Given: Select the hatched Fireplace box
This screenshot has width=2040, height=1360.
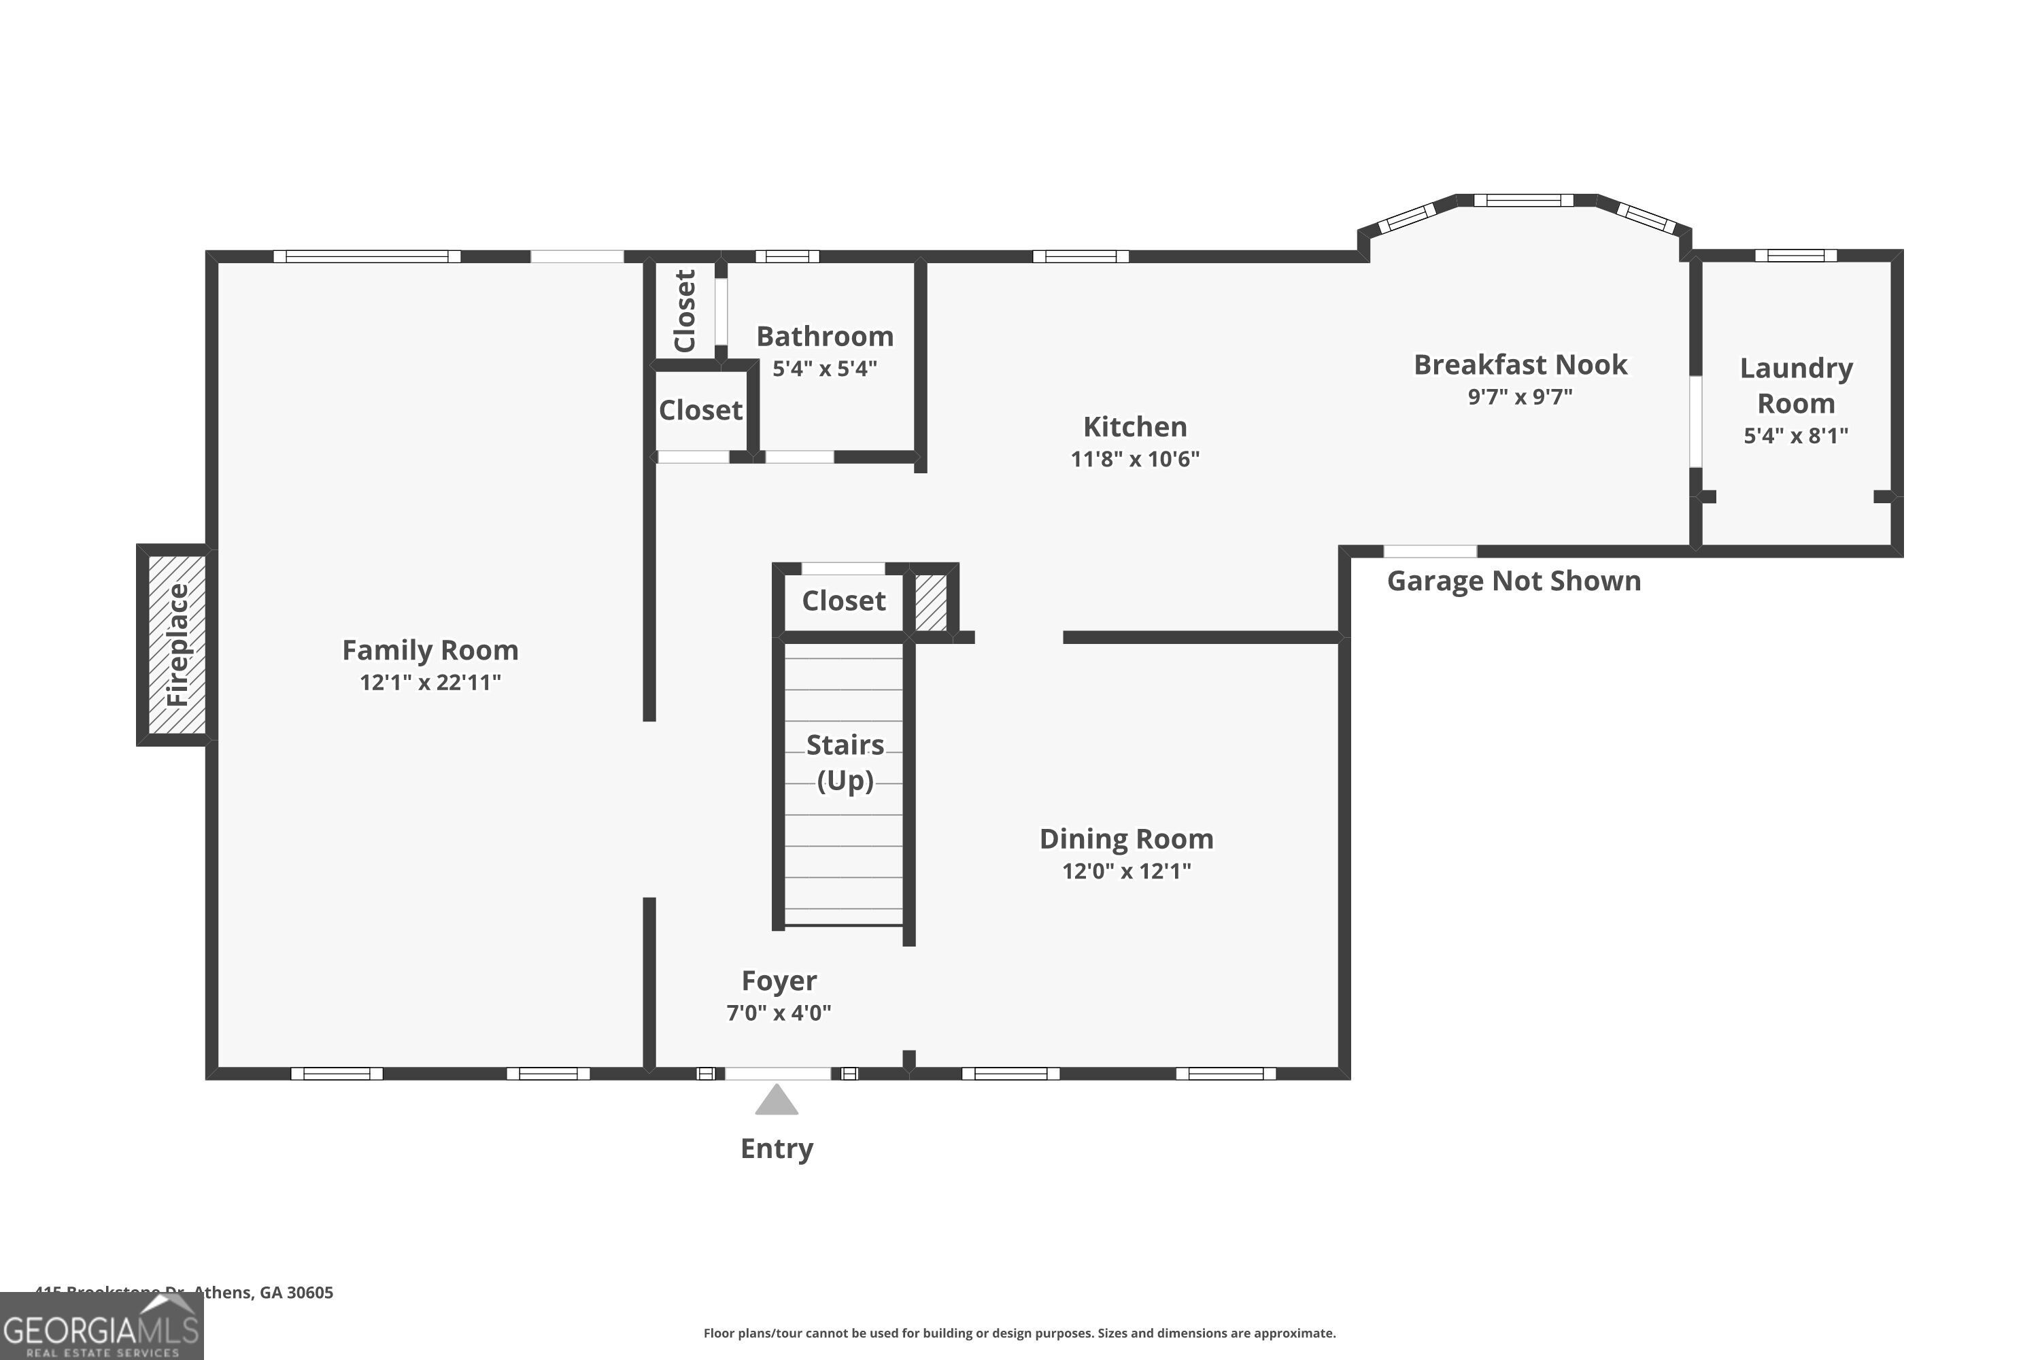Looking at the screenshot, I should point(177,645).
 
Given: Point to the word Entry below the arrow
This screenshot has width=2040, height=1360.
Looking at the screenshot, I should point(777,1149).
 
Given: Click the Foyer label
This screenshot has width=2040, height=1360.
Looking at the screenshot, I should point(778,980).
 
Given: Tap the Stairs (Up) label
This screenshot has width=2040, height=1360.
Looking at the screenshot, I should point(845,762).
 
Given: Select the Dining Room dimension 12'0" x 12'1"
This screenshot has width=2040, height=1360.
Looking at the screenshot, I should point(1126,871).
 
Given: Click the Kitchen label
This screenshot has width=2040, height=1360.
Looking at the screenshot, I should point(1134,427).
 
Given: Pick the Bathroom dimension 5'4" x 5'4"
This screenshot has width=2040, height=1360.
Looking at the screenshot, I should point(824,369).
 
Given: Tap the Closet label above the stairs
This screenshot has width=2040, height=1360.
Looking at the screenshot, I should point(843,600).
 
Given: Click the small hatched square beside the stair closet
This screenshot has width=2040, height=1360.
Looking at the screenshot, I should point(931,602).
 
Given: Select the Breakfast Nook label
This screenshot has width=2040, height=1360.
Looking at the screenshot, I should point(1520,364).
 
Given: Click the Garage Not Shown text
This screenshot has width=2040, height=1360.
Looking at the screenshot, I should point(1514,581).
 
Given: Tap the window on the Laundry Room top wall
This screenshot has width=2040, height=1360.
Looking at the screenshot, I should point(1795,255).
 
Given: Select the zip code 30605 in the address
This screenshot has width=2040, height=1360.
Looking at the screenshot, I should point(309,1293).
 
